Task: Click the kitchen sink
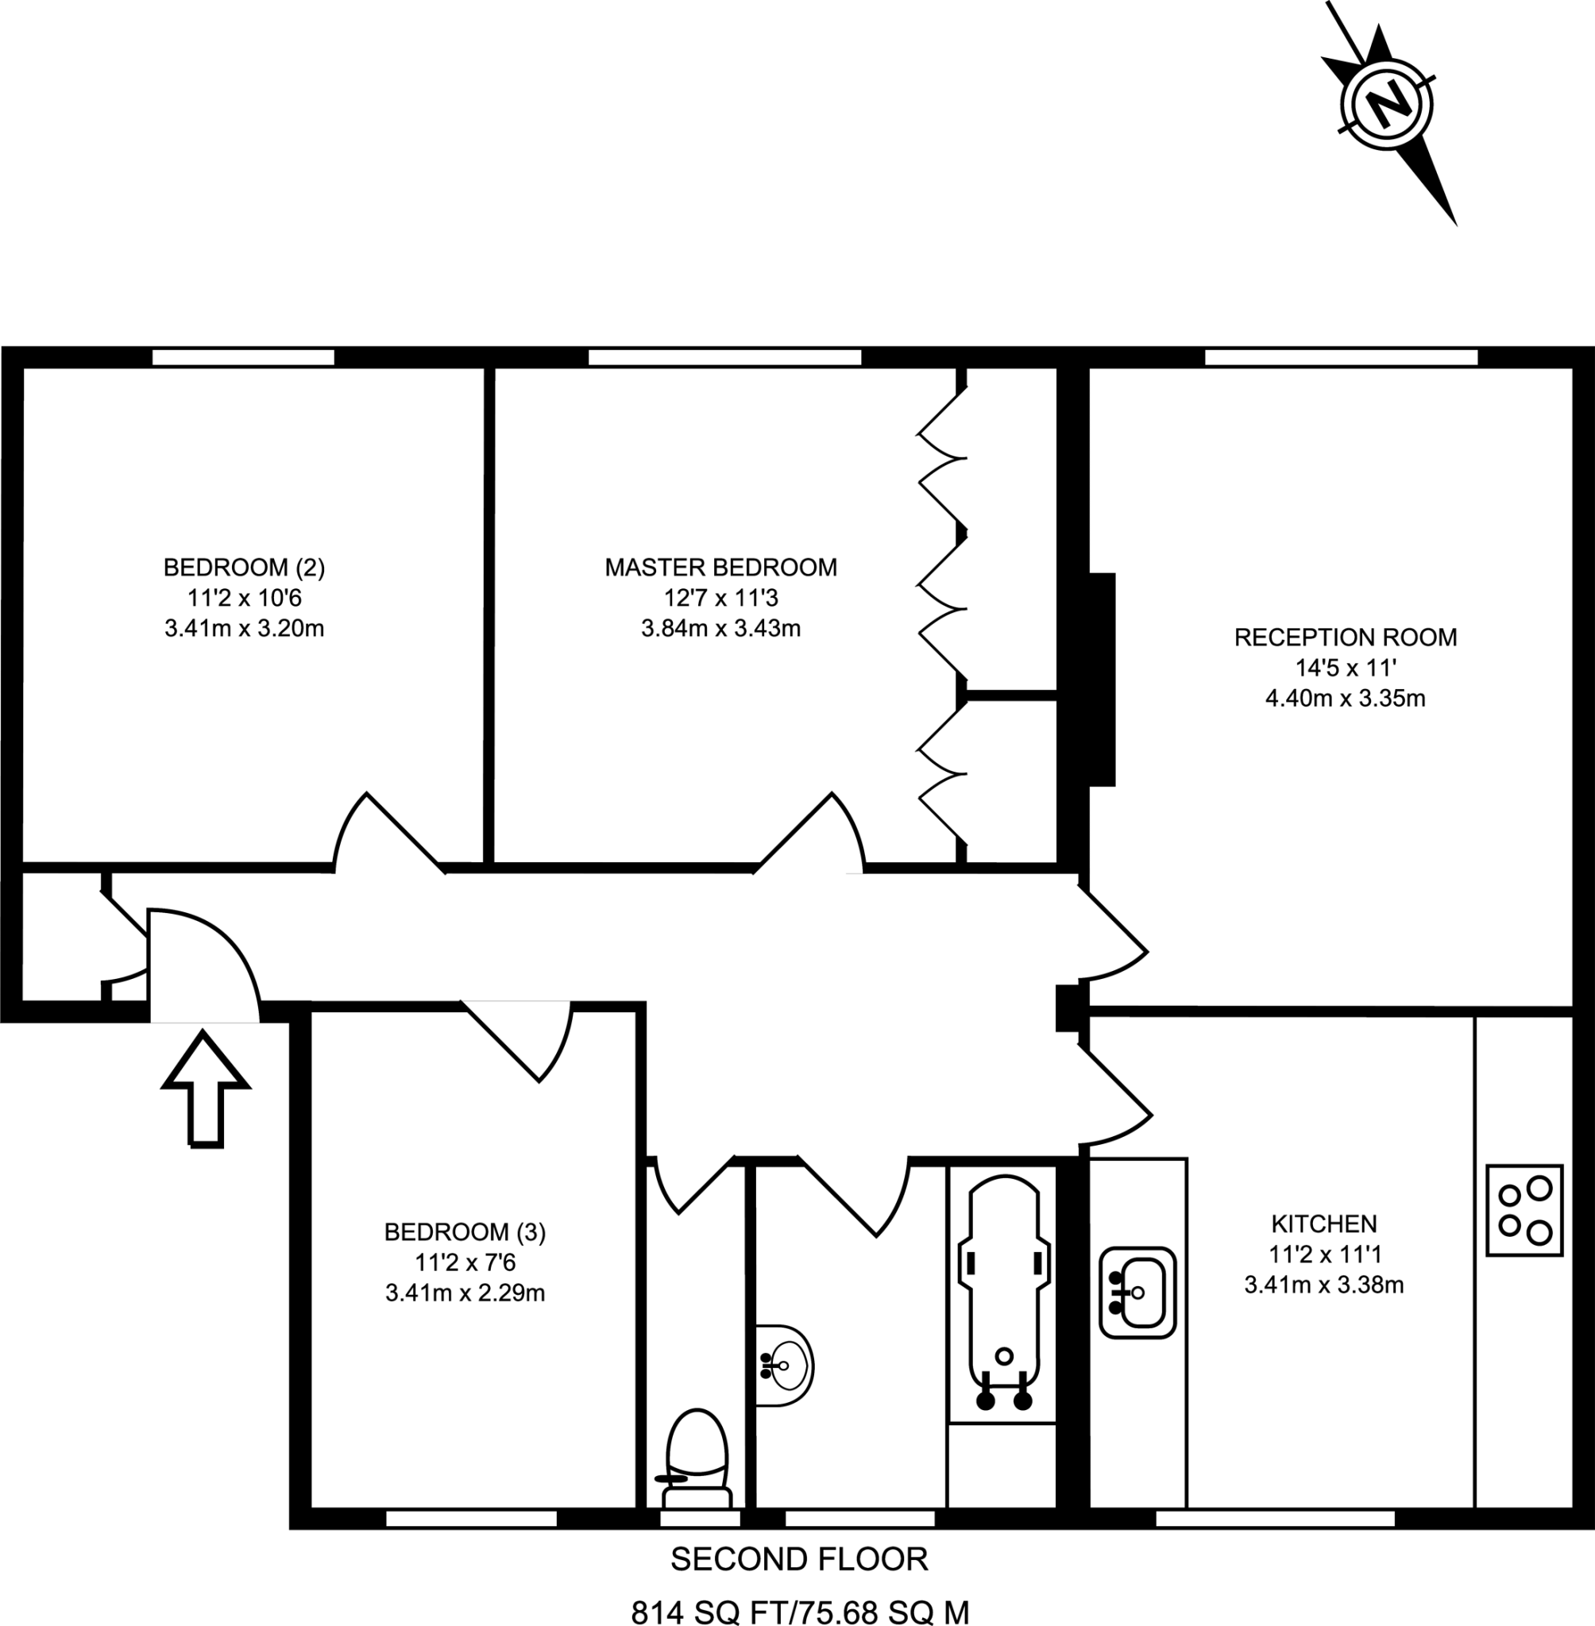click(1137, 1292)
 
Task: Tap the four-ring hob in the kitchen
click(1524, 1210)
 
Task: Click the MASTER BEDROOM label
click(720, 568)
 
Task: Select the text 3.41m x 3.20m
click(244, 628)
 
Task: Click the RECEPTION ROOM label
click(1345, 638)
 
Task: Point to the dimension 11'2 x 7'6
click(465, 1262)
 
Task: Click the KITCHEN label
click(1323, 1224)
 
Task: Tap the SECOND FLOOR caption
click(799, 1559)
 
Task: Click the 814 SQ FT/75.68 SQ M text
click(799, 1609)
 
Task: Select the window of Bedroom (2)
click(243, 357)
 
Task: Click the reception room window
click(1340, 357)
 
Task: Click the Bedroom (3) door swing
click(527, 1038)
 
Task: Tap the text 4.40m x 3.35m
click(1345, 699)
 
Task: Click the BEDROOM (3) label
click(465, 1231)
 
